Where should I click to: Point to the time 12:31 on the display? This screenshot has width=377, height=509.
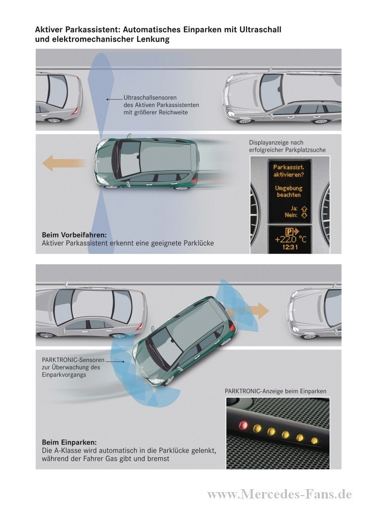289,247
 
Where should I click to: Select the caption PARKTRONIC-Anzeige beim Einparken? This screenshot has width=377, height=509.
275,391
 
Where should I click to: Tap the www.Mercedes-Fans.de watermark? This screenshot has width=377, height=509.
279,494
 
